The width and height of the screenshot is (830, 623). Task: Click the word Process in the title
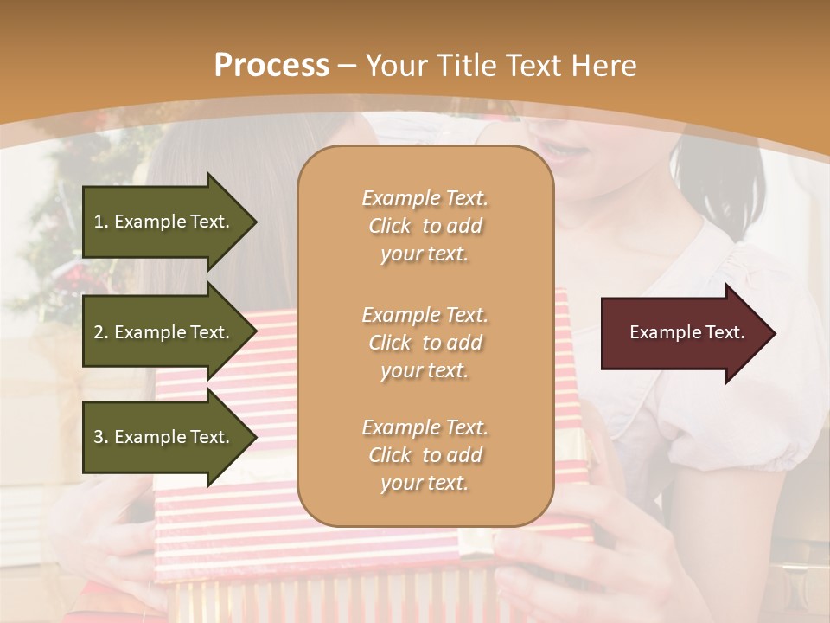[271, 66]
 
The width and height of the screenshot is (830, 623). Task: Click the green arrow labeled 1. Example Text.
[164, 222]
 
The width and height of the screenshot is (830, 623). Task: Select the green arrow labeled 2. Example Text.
[164, 332]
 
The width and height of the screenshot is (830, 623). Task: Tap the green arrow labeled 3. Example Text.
[164, 437]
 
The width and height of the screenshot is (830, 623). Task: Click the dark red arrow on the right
[683, 333]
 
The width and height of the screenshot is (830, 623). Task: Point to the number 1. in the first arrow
[101, 222]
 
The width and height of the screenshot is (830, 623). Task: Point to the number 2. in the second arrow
[101, 332]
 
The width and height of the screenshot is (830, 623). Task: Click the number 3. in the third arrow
[101, 437]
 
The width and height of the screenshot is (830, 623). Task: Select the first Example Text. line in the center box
[425, 198]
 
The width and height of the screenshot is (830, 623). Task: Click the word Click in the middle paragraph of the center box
[389, 343]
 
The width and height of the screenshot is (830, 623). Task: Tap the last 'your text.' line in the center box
[425, 483]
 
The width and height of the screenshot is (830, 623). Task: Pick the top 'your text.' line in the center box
[425, 254]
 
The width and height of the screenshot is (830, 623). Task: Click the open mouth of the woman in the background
[564, 153]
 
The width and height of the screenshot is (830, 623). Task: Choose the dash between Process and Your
[348, 66]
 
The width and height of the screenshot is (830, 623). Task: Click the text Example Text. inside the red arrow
[686, 332]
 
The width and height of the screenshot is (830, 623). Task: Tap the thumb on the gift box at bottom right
[519, 554]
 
